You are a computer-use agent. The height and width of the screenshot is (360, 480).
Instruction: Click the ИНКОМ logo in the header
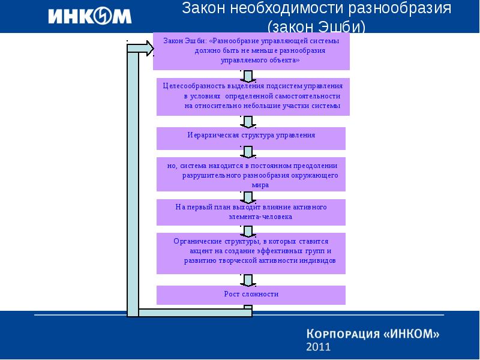click(x=89, y=16)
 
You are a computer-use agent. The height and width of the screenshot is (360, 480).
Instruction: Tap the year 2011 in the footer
click(x=319, y=347)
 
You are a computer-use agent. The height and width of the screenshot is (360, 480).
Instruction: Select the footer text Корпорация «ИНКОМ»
click(x=373, y=334)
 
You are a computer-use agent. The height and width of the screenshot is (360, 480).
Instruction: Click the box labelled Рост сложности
click(x=251, y=295)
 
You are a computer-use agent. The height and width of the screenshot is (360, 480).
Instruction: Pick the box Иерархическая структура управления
click(x=251, y=139)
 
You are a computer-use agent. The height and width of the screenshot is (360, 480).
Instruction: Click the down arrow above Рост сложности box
click(x=248, y=280)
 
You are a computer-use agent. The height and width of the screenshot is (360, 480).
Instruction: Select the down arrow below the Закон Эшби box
click(x=248, y=76)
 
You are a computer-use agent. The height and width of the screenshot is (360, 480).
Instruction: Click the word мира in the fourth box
click(x=260, y=185)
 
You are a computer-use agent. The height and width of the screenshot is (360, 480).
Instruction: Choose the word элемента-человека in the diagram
click(x=260, y=217)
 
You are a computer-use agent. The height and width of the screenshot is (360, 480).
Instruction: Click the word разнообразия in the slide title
click(x=400, y=8)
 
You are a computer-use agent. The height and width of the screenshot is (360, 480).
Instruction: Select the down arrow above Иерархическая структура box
click(x=248, y=122)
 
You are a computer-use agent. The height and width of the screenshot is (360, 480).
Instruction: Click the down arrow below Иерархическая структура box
click(x=248, y=152)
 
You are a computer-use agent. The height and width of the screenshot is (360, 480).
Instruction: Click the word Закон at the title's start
click(x=203, y=8)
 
